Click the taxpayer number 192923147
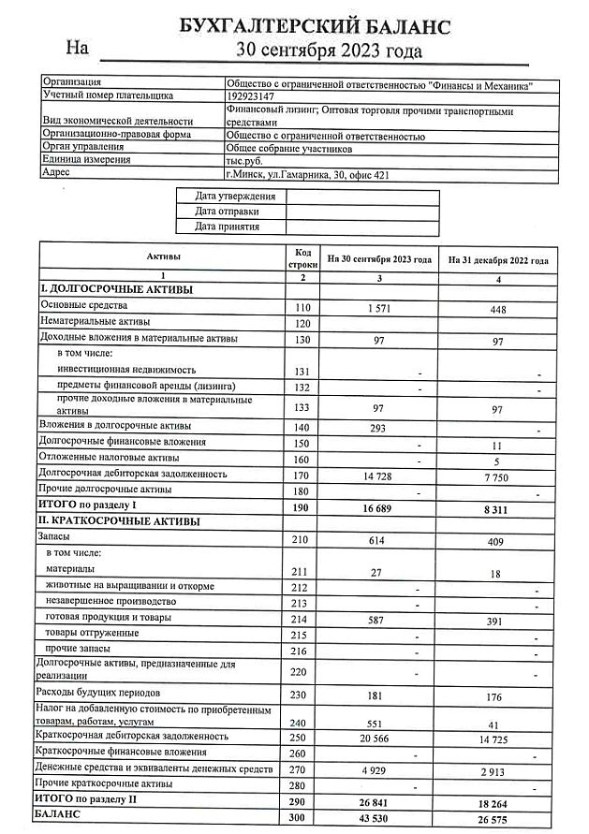[x=250, y=95]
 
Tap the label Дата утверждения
[x=235, y=197]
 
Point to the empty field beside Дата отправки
[x=361, y=212]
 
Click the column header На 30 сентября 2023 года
[x=379, y=259]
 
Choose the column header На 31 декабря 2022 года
[x=498, y=259]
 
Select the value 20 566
[x=378, y=738]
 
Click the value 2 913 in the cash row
[x=497, y=770]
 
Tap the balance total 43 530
[x=378, y=819]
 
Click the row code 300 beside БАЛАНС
[x=302, y=817]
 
